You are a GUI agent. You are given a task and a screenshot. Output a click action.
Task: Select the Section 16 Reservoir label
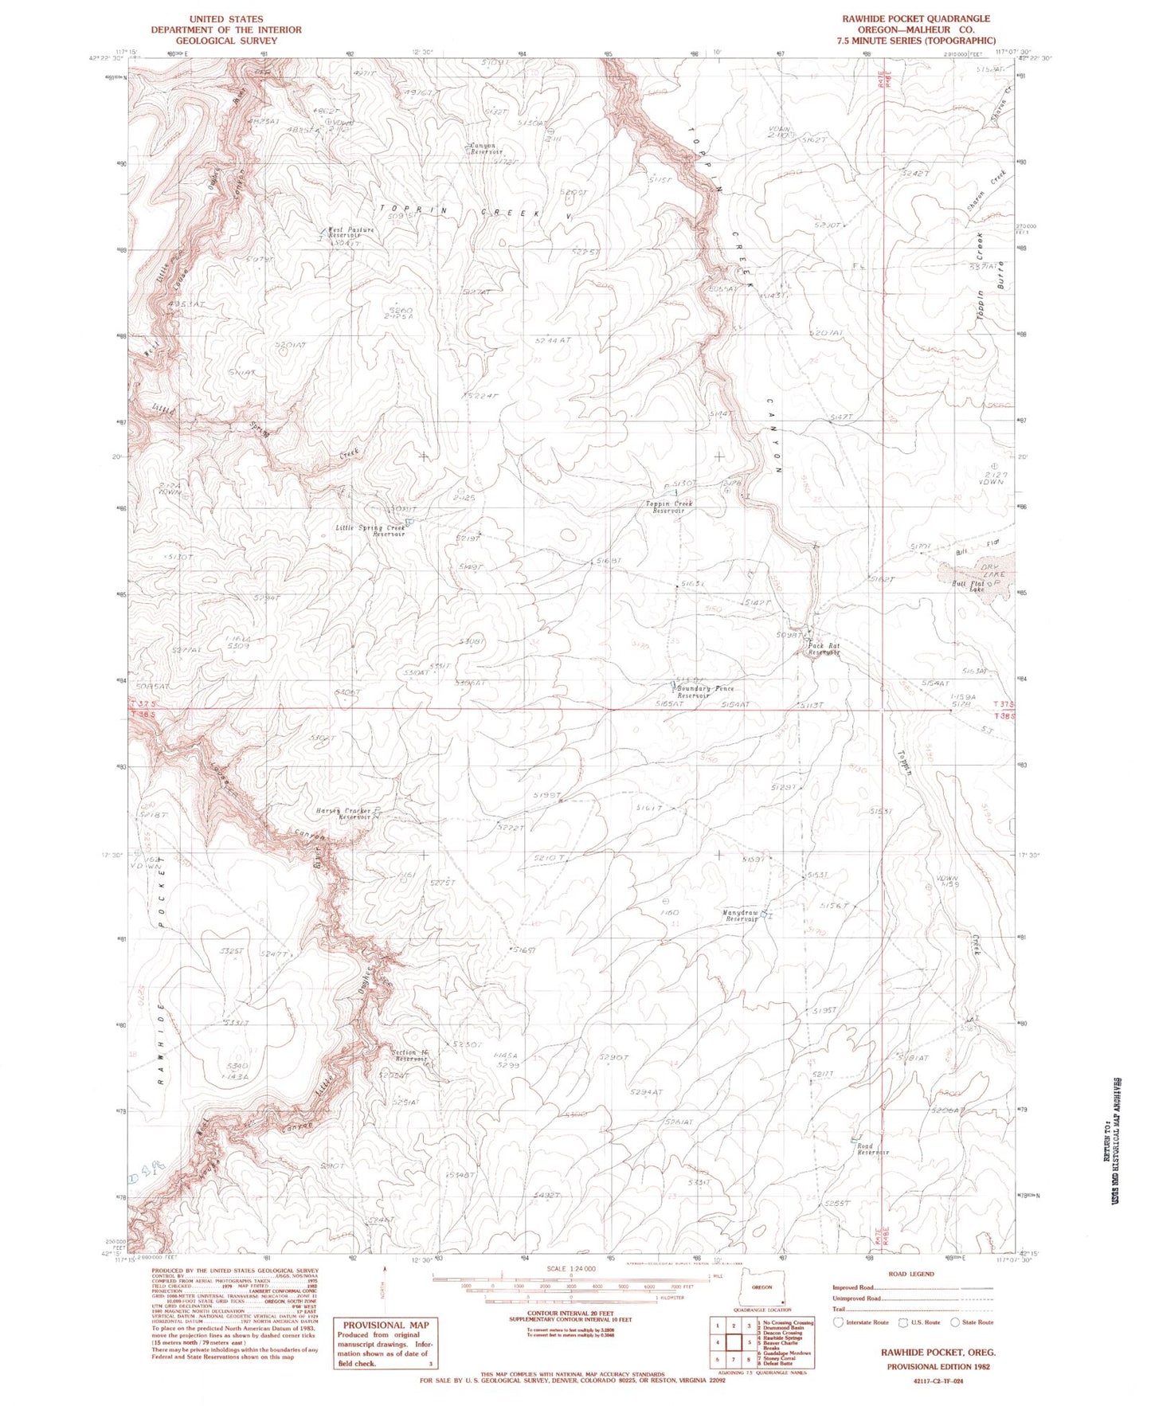click(x=409, y=1055)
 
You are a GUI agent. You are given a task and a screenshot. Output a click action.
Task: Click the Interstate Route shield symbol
click(x=839, y=1322)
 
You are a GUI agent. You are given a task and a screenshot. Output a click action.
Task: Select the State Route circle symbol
click(x=955, y=1322)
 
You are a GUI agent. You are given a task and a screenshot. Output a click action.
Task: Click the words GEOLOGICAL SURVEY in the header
click(x=226, y=41)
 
